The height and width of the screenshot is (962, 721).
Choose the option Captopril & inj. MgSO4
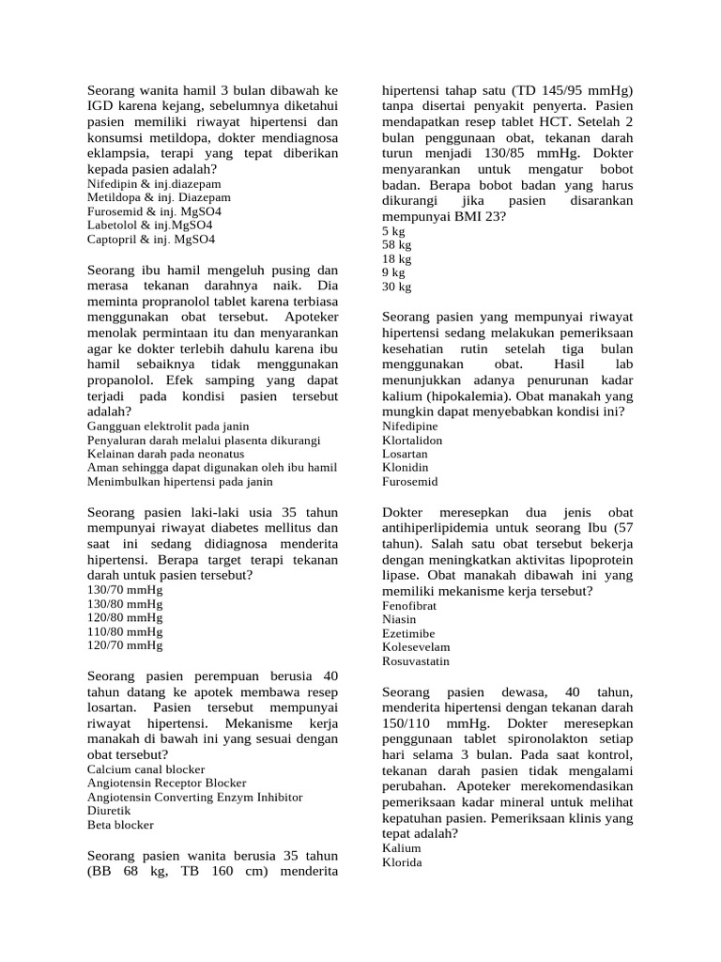tap(151, 240)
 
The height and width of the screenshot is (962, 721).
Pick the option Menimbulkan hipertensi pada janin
tap(179, 481)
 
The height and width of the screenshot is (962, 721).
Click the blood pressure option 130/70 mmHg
tap(125, 589)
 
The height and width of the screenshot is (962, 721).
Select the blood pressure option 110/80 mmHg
tap(125, 631)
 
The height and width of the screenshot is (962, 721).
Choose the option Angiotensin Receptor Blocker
tap(166, 782)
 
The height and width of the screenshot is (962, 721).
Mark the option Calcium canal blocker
tap(146, 768)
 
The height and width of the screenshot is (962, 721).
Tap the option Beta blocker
tap(120, 825)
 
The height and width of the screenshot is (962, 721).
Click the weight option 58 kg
tap(397, 244)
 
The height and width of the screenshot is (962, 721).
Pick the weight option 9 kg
tap(393, 272)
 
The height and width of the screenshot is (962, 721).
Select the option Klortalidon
tap(412, 440)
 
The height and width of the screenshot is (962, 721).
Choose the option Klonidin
tap(406, 467)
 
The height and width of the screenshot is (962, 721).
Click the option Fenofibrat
tap(408, 606)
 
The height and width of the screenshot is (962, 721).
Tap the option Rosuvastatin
tap(416, 660)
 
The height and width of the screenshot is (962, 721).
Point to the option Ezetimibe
tap(408, 633)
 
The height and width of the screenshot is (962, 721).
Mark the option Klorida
tap(403, 861)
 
